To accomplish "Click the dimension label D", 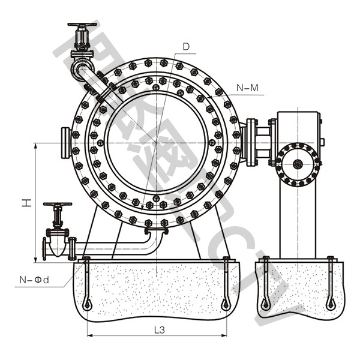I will (x=186, y=46).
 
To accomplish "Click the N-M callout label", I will (x=247, y=88).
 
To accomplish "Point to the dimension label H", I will (x=26, y=203).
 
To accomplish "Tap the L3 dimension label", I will (x=160, y=329).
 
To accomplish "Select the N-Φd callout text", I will (x=32, y=279).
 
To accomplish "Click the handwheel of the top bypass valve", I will (x=82, y=25).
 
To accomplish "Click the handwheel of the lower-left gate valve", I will (x=57, y=205).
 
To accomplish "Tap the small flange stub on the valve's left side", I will (x=66, y=142).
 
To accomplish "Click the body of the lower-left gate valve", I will (x=58, y=244).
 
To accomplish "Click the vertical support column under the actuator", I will (x=298, y=222).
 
